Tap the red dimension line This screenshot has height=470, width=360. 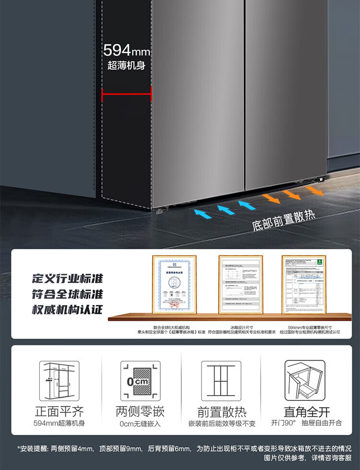click(x=127, y=94)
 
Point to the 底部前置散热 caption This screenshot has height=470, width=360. click(x=284, y=220)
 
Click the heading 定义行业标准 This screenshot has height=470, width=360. click(x=68, y=278)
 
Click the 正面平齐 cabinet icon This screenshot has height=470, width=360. click(x=59, y=380)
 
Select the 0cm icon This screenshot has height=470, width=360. click(x=140, y=380)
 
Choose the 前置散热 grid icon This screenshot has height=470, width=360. click(x=221, y=380)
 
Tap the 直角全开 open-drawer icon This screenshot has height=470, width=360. click(x=301, y=380)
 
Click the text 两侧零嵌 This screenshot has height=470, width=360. click(x=140, y=411)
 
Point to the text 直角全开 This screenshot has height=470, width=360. click(x=301, y=411)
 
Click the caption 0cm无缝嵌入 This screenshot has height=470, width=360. click(x=140, y=424)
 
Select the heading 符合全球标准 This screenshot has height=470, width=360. click(x=68, y=294)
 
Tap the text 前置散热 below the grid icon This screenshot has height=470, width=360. click(x=222, y=412)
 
